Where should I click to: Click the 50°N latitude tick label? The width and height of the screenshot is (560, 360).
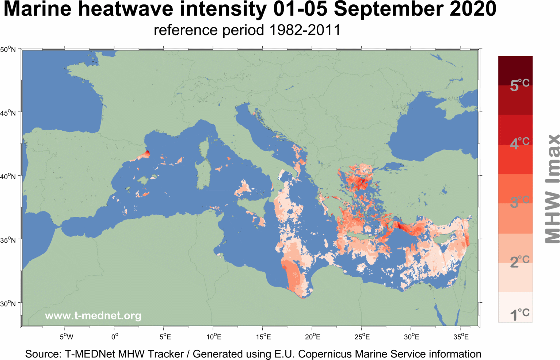[x=8, y=49]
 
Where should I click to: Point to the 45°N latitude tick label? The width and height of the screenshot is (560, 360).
[x=8, y=113]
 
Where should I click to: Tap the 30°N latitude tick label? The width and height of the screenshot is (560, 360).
[x=8, y=304]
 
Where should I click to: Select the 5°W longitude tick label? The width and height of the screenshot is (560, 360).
[x=66, y=337]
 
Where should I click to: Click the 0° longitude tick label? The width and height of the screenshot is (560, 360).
[x=115, y=337]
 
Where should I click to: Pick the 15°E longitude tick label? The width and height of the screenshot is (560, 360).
[x=264, y=337]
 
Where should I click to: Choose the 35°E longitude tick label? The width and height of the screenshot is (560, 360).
[x=461, y=337]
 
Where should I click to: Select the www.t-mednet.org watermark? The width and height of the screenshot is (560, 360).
[x=93, y=315]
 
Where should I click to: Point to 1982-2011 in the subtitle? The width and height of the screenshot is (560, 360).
[x=305, y=30]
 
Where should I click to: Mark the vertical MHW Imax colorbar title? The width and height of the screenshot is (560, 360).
[x=552, y=188]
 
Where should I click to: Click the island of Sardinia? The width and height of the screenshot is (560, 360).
[x=202, y=175]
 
